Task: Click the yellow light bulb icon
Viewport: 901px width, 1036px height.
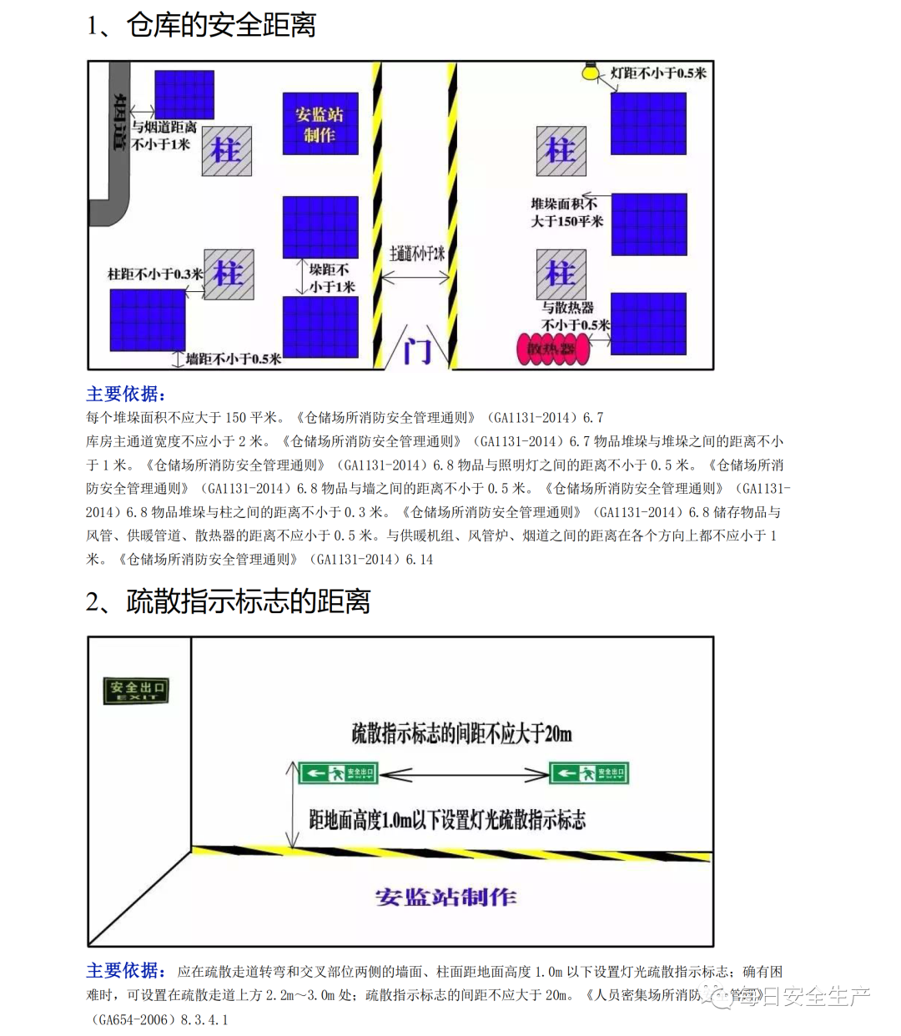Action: click(591, 72)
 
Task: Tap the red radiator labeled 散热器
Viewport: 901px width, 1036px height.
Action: click(553, 349)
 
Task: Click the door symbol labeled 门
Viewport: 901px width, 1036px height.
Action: click(417, 350)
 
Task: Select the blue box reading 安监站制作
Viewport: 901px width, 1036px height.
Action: click(320, 124)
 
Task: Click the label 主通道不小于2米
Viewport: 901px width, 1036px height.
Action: click(417, 254)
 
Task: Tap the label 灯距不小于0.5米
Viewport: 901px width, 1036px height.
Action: click(658, 73)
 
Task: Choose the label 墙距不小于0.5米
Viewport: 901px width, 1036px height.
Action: click(234, 360)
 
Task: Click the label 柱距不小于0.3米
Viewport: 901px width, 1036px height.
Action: click(155, 274)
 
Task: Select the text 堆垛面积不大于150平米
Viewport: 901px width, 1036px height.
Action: click(566, 213)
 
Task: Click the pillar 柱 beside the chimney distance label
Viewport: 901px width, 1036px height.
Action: click(226, 151)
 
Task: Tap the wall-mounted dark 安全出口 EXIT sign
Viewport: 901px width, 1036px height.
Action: click(136, 691)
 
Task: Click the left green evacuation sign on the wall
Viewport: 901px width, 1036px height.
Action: click(338, 773)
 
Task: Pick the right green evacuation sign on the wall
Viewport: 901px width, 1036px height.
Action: click(588, 773)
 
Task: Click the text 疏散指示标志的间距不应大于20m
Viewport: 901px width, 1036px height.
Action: click(461, 734)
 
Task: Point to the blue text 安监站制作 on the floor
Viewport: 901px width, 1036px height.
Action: click(445, 898)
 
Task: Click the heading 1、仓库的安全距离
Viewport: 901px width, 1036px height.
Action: click(201, 25)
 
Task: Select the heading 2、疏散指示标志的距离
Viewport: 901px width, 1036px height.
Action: click(228, 601)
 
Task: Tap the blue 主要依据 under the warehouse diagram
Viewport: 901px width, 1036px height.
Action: click(126, 394)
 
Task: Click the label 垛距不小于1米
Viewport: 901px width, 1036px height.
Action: click(331, 278)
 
